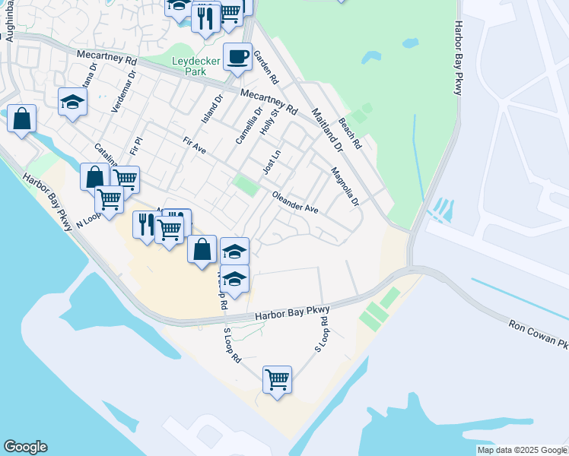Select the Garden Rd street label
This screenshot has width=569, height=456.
coord(266,67)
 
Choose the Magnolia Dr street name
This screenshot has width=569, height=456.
coord(345,186)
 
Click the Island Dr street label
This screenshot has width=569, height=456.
coord(211,110)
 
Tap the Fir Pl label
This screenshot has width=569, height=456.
coord(137,144)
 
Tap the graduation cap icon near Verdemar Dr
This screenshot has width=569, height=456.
coord(73,102)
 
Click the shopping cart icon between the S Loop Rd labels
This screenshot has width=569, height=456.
coord(278,378)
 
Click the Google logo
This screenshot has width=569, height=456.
coord(25,447)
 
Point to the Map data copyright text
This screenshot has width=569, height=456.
coord(522,450)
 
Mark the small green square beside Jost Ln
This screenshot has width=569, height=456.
coord(245,185)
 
